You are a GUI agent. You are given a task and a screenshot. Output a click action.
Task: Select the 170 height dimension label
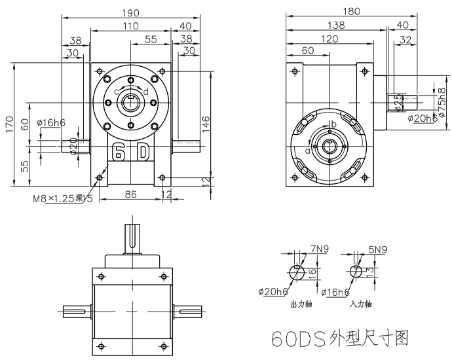9,124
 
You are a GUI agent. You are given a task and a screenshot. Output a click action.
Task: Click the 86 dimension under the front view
130,194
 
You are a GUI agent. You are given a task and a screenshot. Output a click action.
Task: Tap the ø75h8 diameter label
442,99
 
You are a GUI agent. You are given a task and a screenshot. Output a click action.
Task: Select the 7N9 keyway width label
320,249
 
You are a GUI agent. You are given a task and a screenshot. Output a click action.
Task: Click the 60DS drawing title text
341,338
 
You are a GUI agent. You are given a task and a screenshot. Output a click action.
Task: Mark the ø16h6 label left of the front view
50,122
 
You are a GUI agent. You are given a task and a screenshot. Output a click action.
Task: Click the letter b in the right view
333,124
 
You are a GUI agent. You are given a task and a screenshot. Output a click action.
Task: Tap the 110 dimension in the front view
130,26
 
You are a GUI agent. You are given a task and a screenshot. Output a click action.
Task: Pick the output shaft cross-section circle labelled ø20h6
296,272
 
